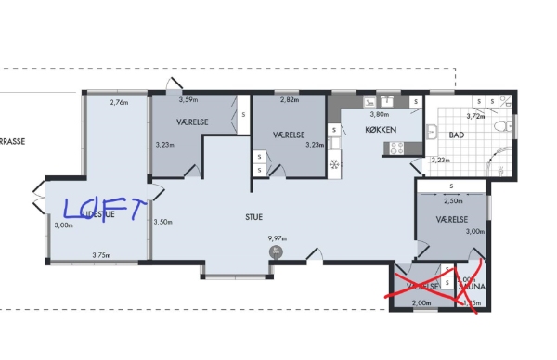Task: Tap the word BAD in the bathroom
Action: (x=456, y=135)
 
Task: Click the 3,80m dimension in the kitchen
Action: (x=380, y=114)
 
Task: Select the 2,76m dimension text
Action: (x=118, y=102)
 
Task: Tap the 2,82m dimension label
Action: (x=290, y=99)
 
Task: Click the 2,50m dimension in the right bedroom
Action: (x=453, y=201)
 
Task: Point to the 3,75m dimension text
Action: (x=102, y=255)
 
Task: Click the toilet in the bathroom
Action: (x=501, y=126)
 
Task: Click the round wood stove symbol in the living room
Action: (x=275, y=251)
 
